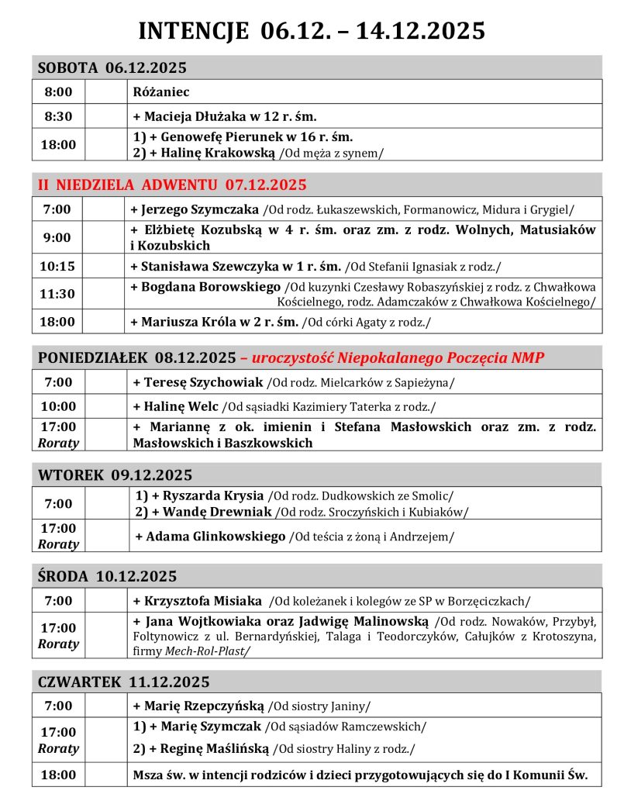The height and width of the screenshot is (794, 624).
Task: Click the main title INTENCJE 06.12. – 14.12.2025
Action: [312, 30]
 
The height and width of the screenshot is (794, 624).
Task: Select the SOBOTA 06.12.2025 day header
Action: [112, 67]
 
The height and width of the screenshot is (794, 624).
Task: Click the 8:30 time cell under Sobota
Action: [58, 117]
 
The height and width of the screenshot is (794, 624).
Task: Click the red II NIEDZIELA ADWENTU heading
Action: [172, 185]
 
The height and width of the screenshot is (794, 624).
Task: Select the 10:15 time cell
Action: [57, 266]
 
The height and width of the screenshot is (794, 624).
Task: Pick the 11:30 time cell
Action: [57, 294]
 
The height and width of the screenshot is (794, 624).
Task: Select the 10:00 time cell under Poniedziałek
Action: [58, 406]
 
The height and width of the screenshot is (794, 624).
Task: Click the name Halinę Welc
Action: [181, 406]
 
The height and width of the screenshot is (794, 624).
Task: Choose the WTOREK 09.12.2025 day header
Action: [115, 475]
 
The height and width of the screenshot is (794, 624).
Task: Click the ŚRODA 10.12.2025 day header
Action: [107, 576]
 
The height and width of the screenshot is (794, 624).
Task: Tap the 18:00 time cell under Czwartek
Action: [58, 775]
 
